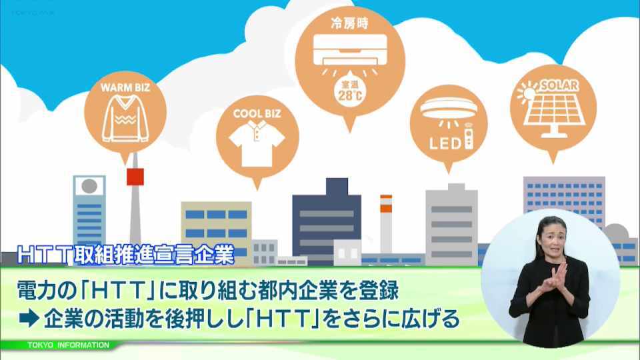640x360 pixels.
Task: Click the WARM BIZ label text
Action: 125,88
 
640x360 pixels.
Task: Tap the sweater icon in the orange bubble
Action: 125,119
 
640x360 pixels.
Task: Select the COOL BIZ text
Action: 257,114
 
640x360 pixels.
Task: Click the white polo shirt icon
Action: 257,143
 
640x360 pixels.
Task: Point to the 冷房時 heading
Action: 350,23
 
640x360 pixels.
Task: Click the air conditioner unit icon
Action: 350,50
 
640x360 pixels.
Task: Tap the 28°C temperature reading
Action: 350,95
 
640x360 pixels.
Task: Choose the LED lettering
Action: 445,143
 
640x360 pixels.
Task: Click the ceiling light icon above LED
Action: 449,109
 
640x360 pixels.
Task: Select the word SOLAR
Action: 559,85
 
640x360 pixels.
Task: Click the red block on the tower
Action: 135,177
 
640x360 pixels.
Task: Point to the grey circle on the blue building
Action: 89,186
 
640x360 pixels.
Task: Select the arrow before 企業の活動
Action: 29,319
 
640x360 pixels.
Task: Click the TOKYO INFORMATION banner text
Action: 69,345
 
